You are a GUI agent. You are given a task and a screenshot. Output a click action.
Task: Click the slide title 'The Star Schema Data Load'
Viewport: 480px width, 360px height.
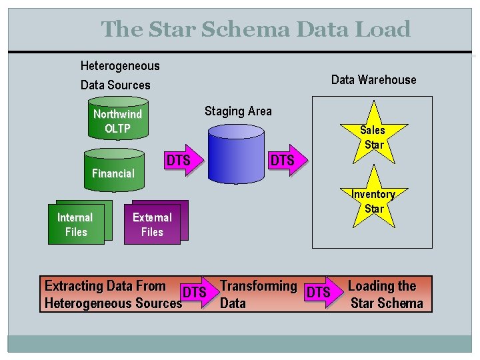point(255,29)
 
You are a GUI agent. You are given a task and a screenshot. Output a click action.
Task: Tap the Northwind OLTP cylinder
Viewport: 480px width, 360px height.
point(117,121)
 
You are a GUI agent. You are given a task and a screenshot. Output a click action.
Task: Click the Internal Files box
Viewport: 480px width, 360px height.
point(75,225)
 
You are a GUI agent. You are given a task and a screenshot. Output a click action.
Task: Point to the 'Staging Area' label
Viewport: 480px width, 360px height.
point(238,111)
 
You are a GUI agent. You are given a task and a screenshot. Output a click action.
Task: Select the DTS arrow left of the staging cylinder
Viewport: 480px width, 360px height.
point(182,161)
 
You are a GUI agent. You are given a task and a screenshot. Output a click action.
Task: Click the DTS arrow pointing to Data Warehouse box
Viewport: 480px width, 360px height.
point(285,161)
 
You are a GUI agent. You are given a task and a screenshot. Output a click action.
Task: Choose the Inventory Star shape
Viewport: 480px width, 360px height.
point(373,199)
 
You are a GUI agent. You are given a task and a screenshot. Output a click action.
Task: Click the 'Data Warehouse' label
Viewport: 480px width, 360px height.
point(373,80)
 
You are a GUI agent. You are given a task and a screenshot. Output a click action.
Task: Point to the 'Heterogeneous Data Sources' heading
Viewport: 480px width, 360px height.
point(119,75)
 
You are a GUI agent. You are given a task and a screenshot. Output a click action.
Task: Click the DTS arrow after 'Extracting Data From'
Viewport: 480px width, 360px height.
point(198,293)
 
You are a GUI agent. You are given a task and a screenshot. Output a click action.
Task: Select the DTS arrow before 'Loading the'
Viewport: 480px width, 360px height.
point(321,293)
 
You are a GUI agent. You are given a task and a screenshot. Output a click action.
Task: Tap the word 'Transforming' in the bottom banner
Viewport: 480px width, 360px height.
point(258,286)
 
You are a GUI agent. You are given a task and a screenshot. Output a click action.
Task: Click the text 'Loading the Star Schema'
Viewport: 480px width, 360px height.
point(385,295)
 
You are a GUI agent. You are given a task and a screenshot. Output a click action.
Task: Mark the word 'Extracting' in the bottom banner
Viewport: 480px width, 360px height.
point(71,286)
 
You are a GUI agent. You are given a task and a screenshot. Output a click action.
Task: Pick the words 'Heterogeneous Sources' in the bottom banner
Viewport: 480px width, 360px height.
point(113,303)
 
